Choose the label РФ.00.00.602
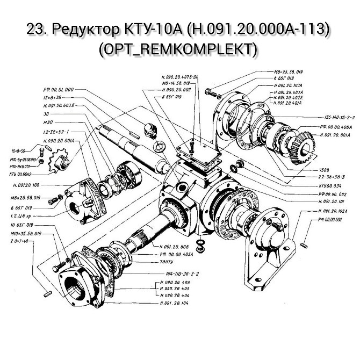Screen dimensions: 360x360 click(332, 219)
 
